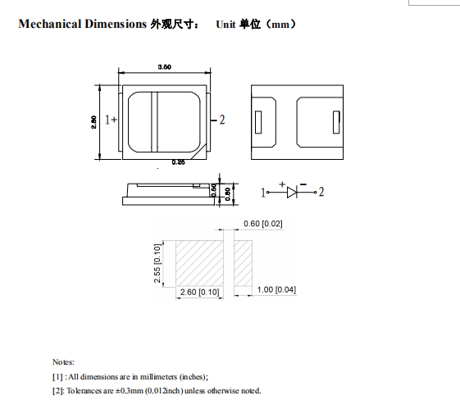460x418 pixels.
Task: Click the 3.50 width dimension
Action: click(164, 67)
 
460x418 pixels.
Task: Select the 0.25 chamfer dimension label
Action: click(178, 163)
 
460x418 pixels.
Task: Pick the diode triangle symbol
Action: click(292, 193)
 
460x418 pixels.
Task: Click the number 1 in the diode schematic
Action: click(264, 193)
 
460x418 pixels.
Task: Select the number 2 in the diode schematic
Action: click(321, 193)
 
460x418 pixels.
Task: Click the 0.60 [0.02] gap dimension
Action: click(262, 224)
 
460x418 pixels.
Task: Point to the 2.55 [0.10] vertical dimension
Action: click(157, 264)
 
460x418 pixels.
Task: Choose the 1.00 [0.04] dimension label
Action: click(277, 290)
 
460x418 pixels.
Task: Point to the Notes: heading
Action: click(63, 361)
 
